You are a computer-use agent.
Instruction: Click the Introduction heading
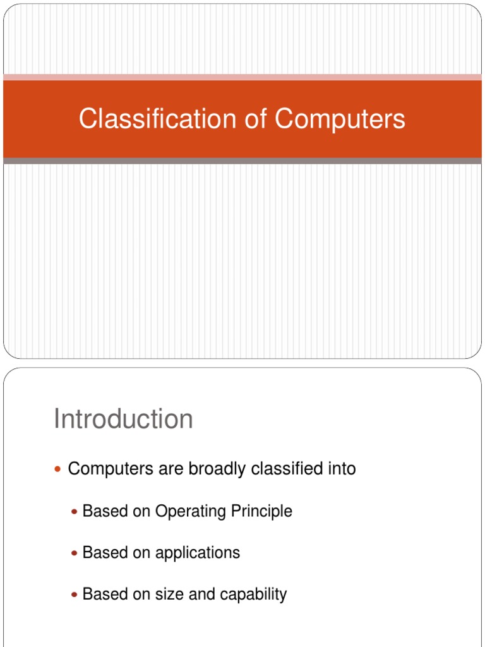tap(123, 419)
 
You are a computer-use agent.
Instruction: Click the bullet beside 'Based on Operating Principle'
tap(75, 511)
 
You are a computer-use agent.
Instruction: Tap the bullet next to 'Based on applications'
tap(75, 553)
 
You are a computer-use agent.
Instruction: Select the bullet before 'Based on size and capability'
tap(75, 595)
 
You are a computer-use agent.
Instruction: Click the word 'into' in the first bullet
tap(341, 469)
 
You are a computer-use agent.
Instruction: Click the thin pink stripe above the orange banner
tap(242, 77)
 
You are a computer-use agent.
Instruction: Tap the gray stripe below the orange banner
tap(242, 161)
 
